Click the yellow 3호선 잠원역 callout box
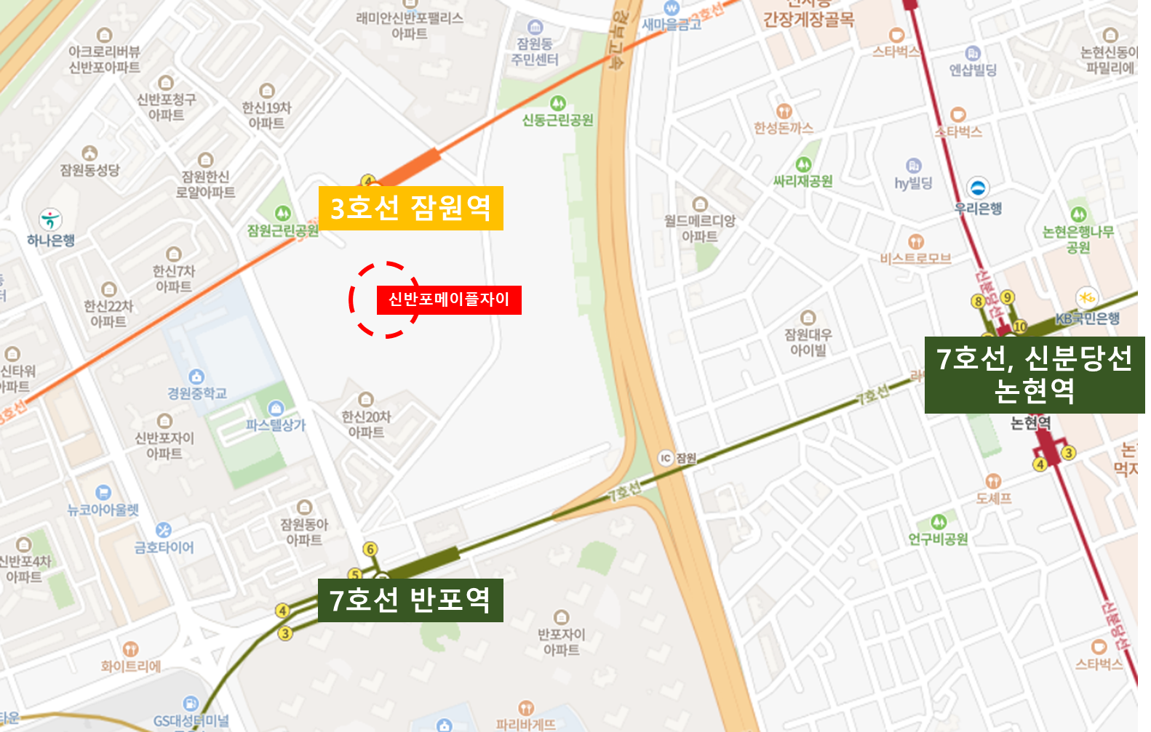pyautogui.click(x=410, y=208)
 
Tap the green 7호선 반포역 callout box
pyautogui.click(x=410, y=600)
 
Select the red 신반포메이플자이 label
pyautogui.click(x=449, y=299)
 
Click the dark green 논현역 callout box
pyautogui.click(x=1034, y=374)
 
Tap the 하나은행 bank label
pyautogui.click(x=50, y=240)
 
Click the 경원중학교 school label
pyautogui.click(x=197, y=393)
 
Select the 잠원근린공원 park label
pyautogui.click(x=282, y=230)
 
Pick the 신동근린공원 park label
pyautogui.click(x=558, y=120)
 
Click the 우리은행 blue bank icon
pyautogui.click(x=978, y=188)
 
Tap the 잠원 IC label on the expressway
pyautogui.click(x=677, y=458)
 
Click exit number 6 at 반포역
pyautogui.click(x=370, y=550)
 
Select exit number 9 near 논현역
pyautogui.click(x=1007, y=297)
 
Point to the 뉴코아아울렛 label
pyautogui.click(x=103, y=510)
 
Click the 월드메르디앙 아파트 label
pyautogui.click(x=700, y=228)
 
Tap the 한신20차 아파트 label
pyautogui.click(x=366, y=424)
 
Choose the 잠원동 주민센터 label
pyautogui.click(x=535, y=52)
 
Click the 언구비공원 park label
pyautogui.click(x=939, y=539)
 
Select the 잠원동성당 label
pyautogui.click(x=89, y=169)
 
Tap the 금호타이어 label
pyautogui.click(x=164, y=547)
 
